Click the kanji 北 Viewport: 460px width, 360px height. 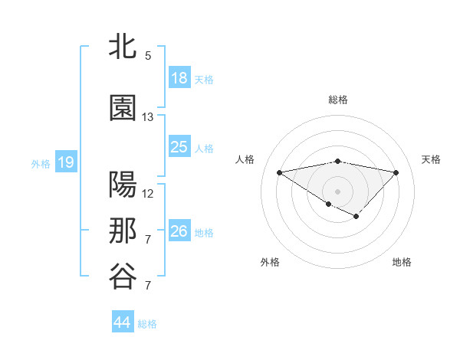(123, 47)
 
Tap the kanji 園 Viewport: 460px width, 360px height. (123, 108)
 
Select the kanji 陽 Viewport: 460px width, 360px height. (123, 185)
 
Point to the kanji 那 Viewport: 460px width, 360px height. (123, 231)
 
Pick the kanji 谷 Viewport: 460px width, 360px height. (123, 277)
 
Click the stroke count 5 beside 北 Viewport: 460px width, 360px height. (148, 56)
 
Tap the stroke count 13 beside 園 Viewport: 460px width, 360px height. (148, 117)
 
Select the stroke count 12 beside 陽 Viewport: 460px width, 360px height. (148, 194)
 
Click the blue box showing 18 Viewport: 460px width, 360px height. (179, 78)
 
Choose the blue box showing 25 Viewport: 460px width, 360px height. (179, 147)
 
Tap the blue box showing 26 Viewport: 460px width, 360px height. (179, 231)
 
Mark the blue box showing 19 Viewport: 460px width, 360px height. (66, 162)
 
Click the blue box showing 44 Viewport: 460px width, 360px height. (123, 322)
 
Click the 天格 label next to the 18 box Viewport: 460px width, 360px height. (204, 79)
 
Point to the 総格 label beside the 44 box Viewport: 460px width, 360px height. (147, 324)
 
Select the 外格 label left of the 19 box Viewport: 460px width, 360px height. (41, 163)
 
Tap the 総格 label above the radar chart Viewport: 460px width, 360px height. (337, 100)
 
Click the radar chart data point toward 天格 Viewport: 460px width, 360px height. (396, 172)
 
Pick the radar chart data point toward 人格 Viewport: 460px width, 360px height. (279, 172)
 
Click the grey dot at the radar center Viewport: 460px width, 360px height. (337, 190)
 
